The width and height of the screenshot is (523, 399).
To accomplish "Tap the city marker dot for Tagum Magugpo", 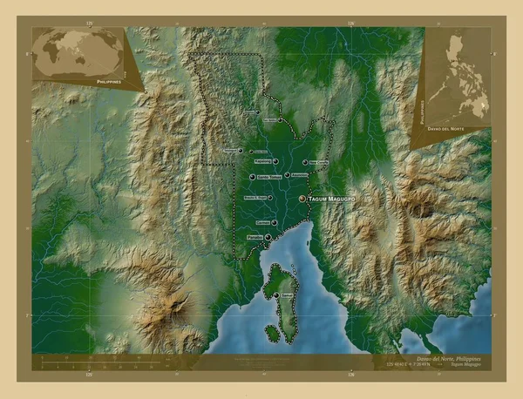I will click(x=302, y=199).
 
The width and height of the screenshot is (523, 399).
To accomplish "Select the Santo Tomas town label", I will click(x=269, y=178).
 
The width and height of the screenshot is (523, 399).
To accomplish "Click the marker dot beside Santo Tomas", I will click(x=252, y=178).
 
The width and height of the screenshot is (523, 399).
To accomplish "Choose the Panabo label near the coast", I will click(x=255, y=237).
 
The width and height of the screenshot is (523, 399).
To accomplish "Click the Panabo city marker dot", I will click(x=268, y=237).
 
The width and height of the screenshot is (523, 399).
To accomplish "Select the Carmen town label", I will click(x=263, y=222).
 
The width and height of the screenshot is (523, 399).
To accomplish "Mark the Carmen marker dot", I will click(x=275, y=222).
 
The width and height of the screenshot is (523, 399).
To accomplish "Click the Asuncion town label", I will click(x=299, y=175).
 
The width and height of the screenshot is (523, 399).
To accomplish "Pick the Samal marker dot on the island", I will click(x=276, y=296).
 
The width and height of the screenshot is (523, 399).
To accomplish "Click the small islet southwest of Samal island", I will click(x=273, y=332).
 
